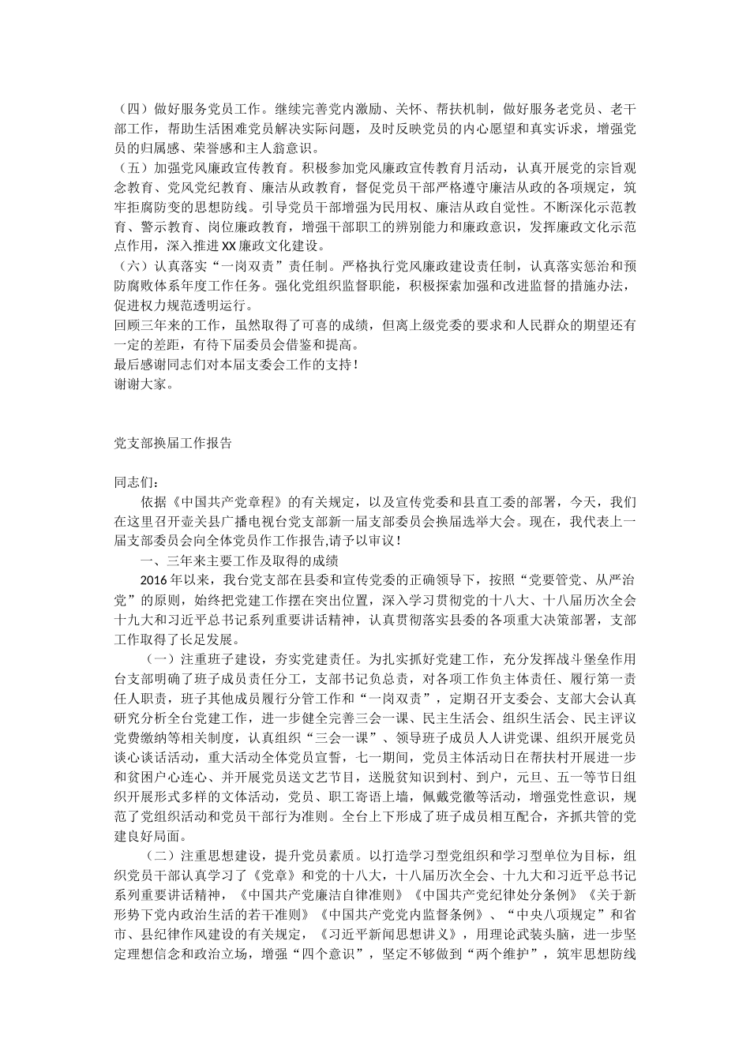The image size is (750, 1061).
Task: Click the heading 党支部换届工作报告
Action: pyautogui.click(x=173, y=444)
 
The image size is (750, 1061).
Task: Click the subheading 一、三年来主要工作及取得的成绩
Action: pyautogui.click(x=239, y=560)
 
